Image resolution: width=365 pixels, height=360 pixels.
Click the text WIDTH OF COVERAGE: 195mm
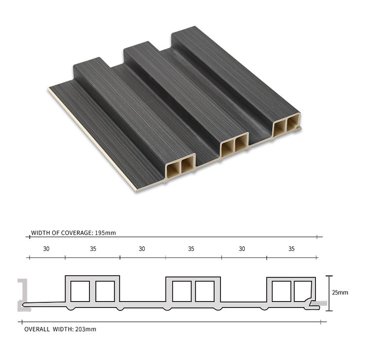pyautogui.click(x=73, y=233)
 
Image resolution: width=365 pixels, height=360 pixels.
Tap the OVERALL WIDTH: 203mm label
pyautogui.click(x=60, y=329)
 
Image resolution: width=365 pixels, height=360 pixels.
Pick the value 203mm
pyautogui.click(x=85, y=329)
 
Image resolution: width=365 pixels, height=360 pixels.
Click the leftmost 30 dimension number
pyautogui.click(x=46, y=249)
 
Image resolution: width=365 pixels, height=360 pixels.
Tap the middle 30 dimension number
pyautogui.click(x=142, y=249)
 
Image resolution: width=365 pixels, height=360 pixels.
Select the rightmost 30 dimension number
pyautogui.click(x=242, y=249)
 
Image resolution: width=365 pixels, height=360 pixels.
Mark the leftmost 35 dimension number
pyautogui.click(x=93, y=249)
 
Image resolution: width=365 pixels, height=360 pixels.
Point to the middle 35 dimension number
pyautogui.click(x=191, y=249)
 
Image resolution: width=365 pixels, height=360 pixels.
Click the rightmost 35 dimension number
pyautogui.click(x=292, y=249)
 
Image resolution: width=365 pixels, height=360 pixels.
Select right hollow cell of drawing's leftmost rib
pyautogui.click(x=105, y=291)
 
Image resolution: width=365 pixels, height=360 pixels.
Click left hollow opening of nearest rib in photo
pyautogui.click(x=175, y=168)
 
